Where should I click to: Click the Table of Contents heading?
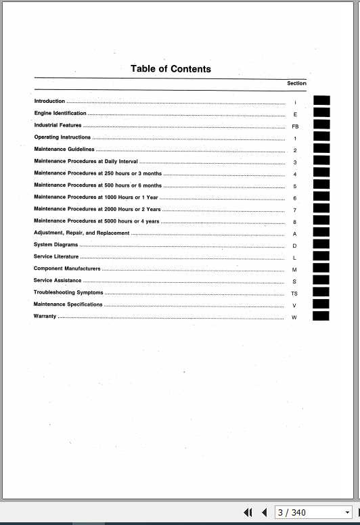[x=171, y=69]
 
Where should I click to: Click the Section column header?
[x=296, y=84]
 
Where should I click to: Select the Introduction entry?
[x=49, y=101]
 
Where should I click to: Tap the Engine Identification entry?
[x=60, y=114]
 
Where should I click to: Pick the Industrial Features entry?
[x=58, y=125]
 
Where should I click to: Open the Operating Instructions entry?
[x=62, y=137]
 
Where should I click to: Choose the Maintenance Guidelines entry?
[x=64, y=150]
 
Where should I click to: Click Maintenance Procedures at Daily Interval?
[x=85, y=162]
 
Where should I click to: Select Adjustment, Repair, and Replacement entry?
[x=81, y=233]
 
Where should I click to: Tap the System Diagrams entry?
[x=55, y=245]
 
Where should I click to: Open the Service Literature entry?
[x=56, y=257]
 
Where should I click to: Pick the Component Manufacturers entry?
[x=67, y=269]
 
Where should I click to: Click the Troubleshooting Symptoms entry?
[x=68, y=293]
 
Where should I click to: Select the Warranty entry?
[x=45, y=317]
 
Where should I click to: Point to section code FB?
[x=295, y=127]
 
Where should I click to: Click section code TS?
[x=294, y=294]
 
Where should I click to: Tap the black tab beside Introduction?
[x=321, y=101]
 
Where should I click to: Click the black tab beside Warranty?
[x=321, y=316]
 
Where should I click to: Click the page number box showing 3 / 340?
[x=308, y=513]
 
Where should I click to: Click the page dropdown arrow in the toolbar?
[x=348, y=513]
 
